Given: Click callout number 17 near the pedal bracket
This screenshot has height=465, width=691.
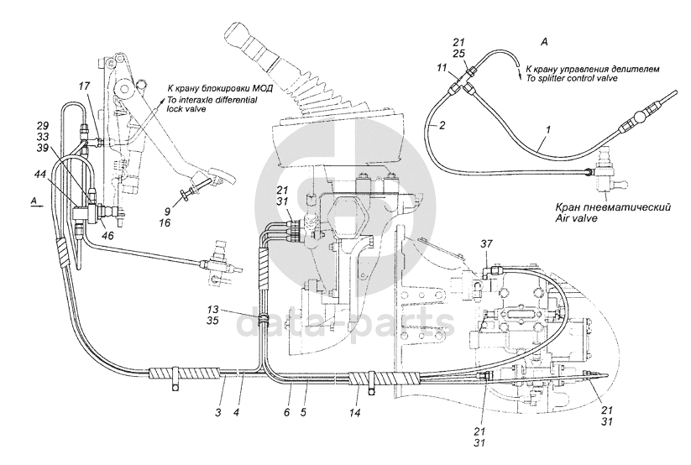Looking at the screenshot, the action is [x=84, y=86].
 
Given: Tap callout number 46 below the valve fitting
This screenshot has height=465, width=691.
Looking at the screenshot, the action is [x=107, y=235].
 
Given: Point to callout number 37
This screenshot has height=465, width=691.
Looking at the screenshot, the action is [x=486, y=243].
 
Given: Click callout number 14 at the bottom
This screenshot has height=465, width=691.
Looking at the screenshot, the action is [x=355, y=413].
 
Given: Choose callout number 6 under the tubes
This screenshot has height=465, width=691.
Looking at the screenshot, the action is [x=286, y=413].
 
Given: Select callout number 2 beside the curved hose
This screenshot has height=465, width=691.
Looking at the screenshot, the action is [x=442, y=126].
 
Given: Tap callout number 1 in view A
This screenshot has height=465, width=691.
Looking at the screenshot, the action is [x=548, y=129].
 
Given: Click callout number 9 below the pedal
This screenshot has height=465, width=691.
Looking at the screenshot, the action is [x=167, y=212].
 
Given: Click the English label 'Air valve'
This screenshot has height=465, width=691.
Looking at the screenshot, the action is [x=577, y=217].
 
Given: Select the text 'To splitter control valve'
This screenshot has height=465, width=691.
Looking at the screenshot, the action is [x=569, y=78].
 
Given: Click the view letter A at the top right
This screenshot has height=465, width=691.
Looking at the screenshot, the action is [x=544, y=42].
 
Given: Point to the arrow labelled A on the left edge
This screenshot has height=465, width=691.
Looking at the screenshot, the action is [x=37, y=206].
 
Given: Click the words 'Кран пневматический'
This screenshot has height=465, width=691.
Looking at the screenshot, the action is [x=613, y=206].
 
